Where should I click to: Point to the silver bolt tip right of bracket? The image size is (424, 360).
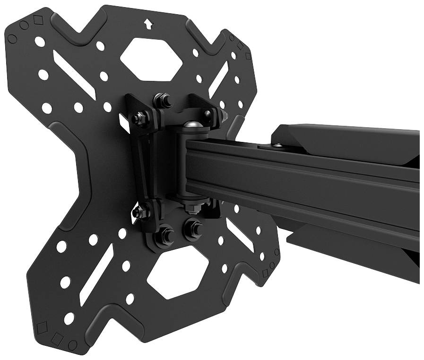224,115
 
